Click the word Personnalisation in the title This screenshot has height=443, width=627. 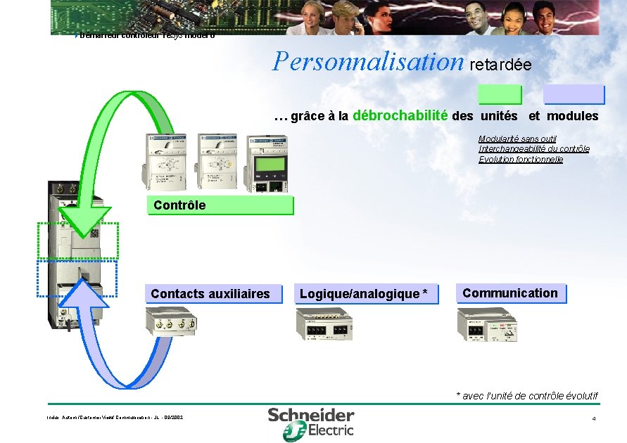[x=368, y=62]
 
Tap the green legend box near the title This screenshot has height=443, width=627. [x=500, y=94]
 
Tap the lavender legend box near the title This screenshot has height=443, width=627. [x=574, y=94]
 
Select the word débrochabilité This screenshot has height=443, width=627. [x=400, y=115]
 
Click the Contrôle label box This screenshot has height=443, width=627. [x=219, y=205]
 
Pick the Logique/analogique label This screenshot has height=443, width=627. [x=365, y=294]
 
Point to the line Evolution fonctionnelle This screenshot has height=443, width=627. [x=521, y=159]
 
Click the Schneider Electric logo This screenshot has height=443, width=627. [x=311, y=424]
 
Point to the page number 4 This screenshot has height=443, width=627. [x=594, y=419]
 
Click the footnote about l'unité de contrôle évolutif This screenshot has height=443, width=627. [x=527, y=396]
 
